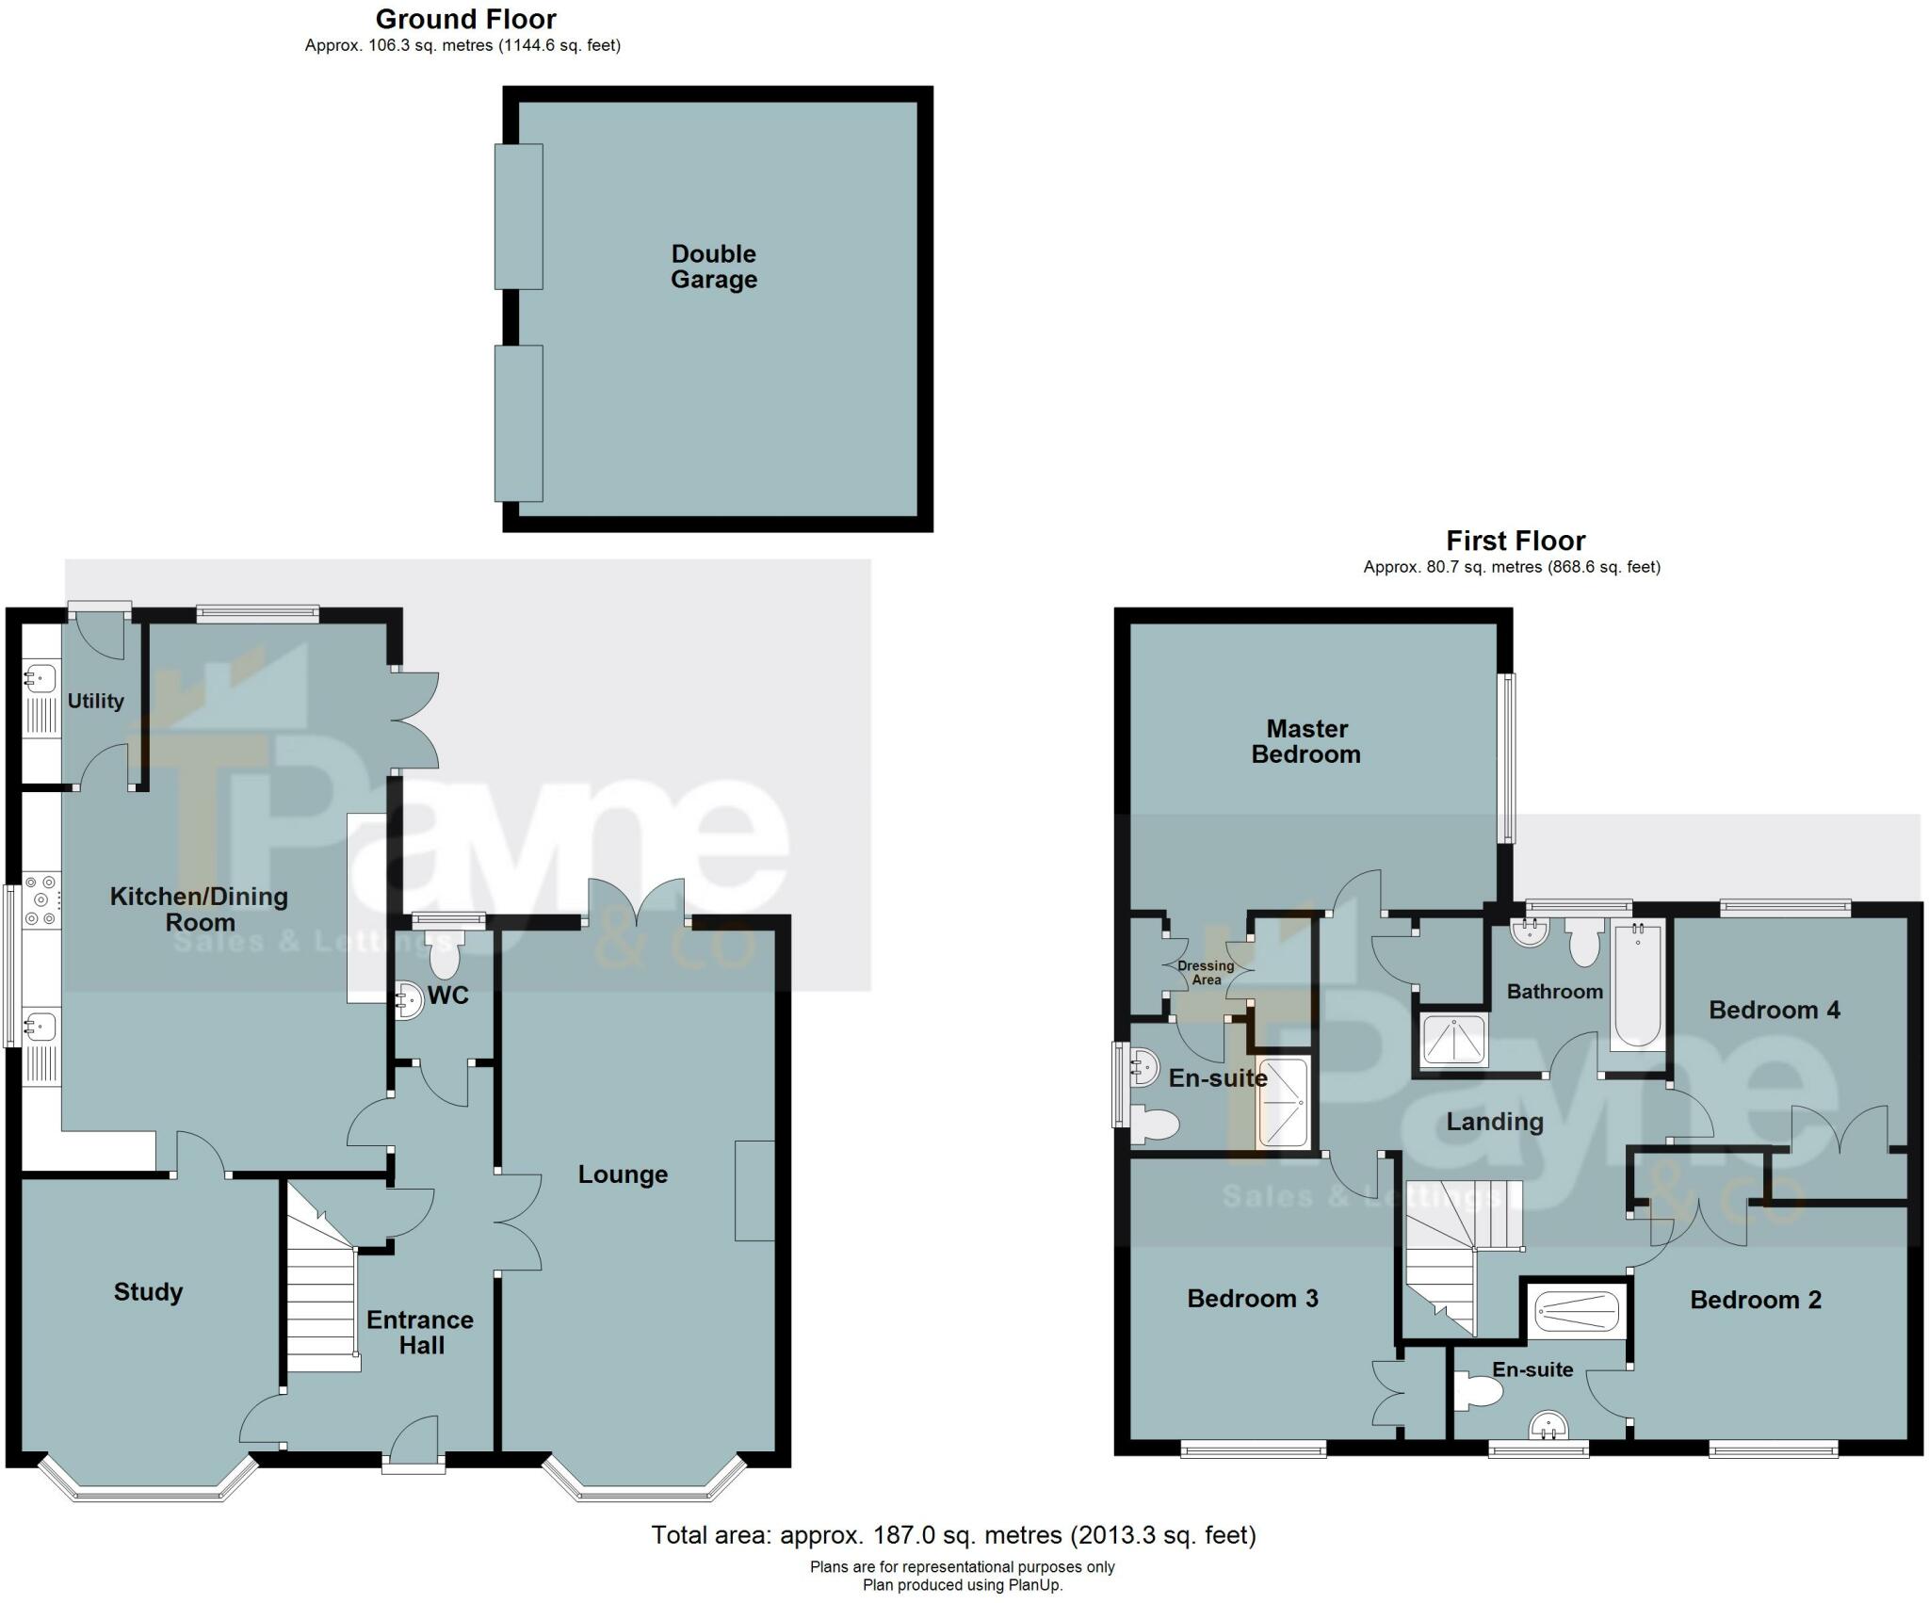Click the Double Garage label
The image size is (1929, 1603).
tap(713, 267)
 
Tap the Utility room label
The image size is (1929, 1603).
tap(95, 701)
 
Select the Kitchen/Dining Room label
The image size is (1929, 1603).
tap(199, 909)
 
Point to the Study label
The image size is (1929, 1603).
tap(148, 1291)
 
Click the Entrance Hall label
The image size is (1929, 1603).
tap(420, 1332)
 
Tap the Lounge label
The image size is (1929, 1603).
tap(623, 1174)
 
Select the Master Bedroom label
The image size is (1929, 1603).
tap(1305, 741)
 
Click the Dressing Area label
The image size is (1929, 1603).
tap(1206, 972)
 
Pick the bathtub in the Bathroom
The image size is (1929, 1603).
tap(1638, 986)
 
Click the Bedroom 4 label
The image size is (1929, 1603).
tap(1774, 1010)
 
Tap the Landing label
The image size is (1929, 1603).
tap(1495, 1121)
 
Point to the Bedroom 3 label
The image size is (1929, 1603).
tap(1252, 1298)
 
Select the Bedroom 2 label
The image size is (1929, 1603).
tap(1755, 1300)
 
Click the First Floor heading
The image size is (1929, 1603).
tap(1516, 541)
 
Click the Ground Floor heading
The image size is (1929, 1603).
tap(465, 19)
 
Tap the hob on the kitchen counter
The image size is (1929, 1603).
tap(41, 899)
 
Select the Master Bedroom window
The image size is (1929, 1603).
tap(1508, 757)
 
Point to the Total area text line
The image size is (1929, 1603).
tap(953, 1535)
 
